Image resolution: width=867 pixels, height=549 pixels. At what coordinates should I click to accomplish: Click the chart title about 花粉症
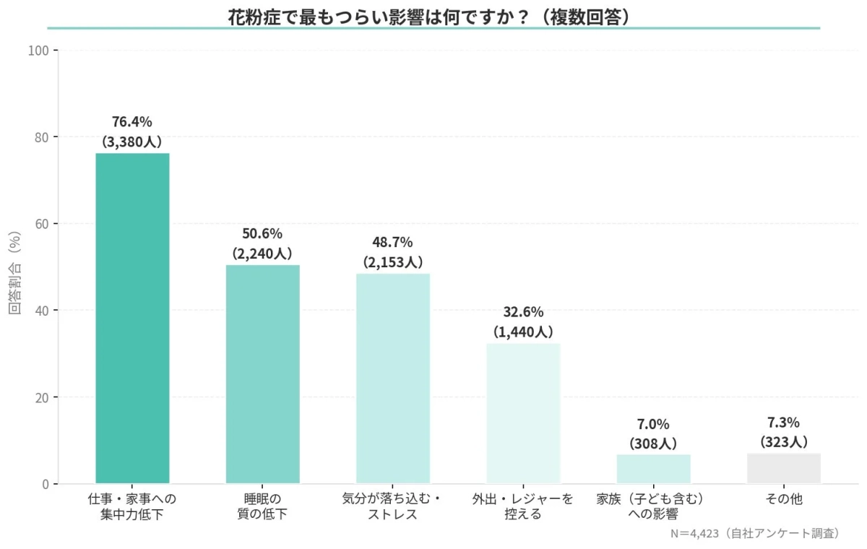(433, 17)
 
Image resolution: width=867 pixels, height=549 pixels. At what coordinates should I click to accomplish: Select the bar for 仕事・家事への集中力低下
(132, 318)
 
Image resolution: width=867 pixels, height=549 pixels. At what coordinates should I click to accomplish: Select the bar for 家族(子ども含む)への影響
(653, 469)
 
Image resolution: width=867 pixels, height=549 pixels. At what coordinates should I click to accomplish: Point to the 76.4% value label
(132, 121)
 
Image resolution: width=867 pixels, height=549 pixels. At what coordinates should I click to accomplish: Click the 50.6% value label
(262, 234)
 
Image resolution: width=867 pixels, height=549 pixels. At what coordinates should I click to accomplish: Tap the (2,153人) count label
(393, 262)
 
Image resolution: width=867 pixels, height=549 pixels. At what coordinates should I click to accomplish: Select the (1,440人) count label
(523, 332)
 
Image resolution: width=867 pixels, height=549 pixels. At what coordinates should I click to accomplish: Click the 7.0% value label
(653, 423)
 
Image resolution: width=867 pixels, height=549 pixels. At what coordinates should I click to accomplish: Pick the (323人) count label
(784, 441)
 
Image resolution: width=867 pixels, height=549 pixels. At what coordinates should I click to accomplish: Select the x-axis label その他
(784, 499)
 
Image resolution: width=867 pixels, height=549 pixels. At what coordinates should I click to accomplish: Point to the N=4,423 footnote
(756, 534)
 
